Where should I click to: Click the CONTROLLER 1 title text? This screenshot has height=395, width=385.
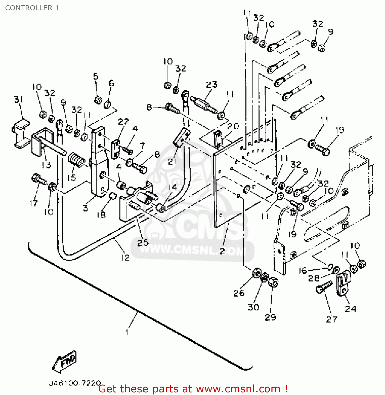point(32,8)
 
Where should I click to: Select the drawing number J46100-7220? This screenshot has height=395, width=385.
point(75,383)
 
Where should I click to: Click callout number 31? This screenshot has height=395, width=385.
point(19,100)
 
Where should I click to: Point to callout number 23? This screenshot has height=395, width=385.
point(212,85)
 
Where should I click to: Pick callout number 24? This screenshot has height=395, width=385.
point(351,308)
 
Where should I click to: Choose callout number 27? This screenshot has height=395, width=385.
point(332,319)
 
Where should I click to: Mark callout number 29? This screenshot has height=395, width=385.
point(270,317)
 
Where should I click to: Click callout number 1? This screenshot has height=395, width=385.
point(127,332)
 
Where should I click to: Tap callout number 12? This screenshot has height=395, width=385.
point(125,258)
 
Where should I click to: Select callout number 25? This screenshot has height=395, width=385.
point(143,243)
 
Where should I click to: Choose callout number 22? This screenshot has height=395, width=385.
point(123,122)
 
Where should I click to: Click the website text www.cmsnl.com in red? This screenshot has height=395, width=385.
point(238,389)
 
